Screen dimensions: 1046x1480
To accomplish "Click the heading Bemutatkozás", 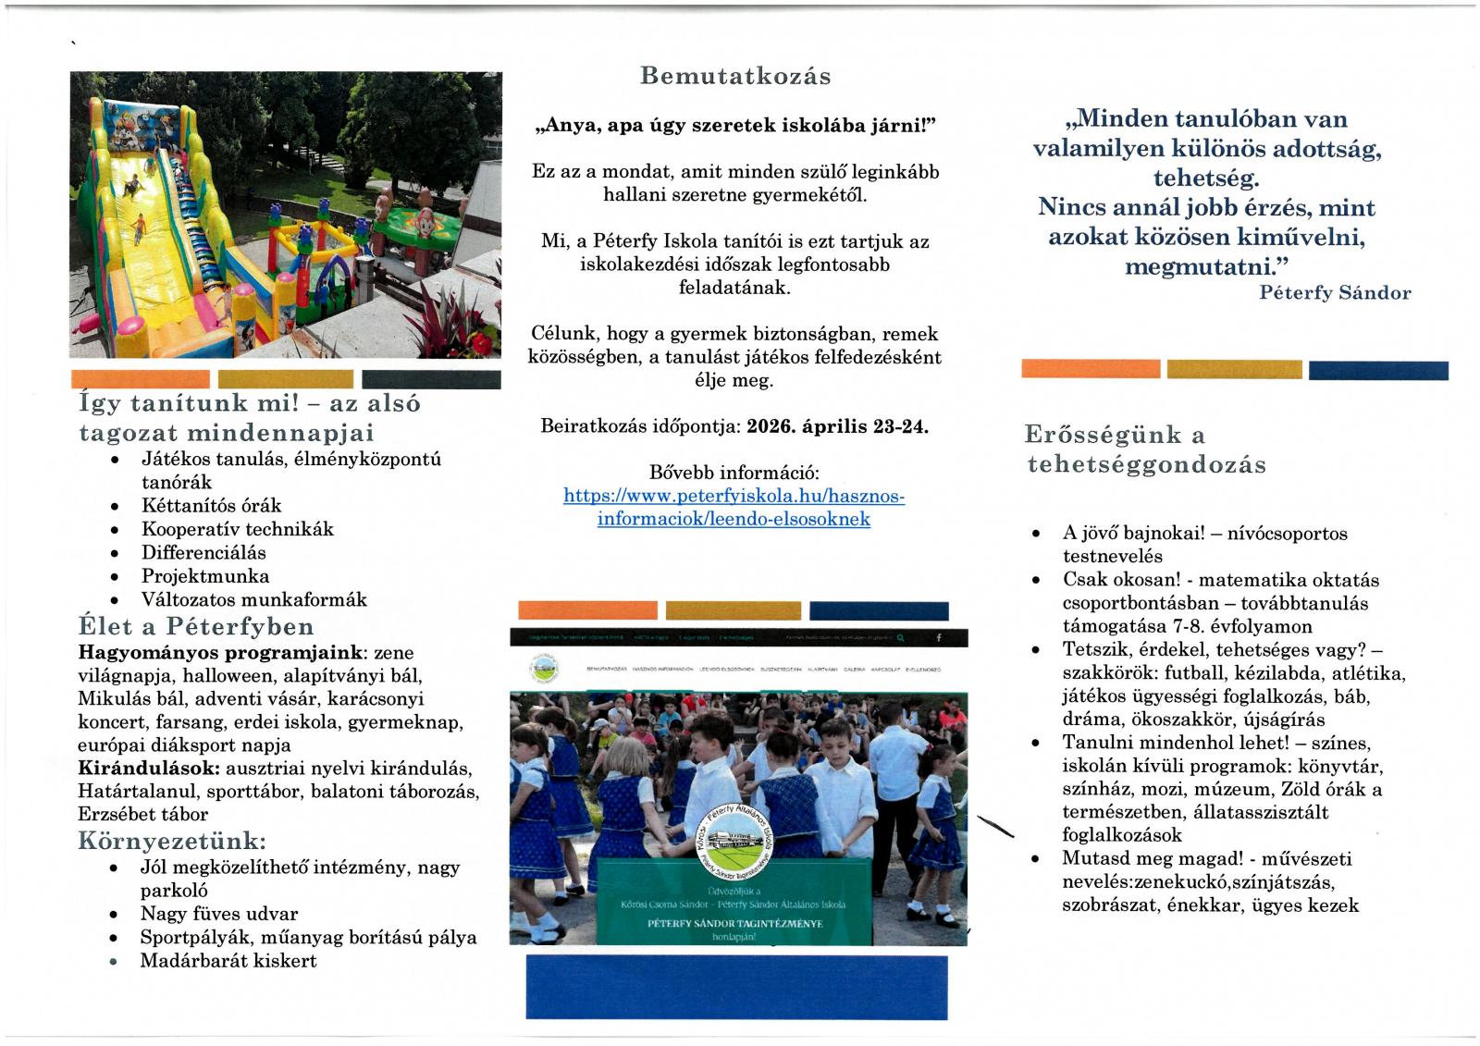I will pos(735,76).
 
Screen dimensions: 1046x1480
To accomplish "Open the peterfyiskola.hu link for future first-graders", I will pos(734,508).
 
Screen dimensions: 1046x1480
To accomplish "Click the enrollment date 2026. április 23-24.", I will pos(837,426).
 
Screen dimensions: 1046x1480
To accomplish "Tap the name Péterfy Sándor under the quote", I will pos(1335,293).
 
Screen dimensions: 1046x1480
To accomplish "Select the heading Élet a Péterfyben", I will pos(196,626).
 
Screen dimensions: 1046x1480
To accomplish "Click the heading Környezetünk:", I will pos(173,841).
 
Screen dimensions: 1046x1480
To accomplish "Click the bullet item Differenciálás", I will pos(203,553).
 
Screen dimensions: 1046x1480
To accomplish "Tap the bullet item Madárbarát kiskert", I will pos(228,961).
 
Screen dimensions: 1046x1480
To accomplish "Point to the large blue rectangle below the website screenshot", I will pos(736,987).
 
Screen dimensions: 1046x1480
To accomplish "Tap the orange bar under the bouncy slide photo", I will pos(141,379).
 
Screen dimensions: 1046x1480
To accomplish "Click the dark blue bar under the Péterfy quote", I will pos(1378,370).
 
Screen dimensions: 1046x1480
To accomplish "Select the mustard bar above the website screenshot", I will pos(733,610).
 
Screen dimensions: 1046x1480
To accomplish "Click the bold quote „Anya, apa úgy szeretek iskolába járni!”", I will pos(735,126).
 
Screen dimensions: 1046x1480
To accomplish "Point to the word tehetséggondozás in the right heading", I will pos(1146,464).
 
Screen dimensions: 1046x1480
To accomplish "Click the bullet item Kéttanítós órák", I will pos(211,506).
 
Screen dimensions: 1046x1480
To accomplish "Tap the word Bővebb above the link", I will pos(682,473).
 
